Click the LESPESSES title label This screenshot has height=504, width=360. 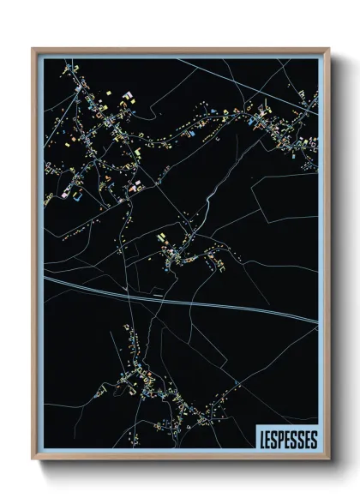coord(287,439)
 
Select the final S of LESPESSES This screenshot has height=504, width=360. coord(314,440)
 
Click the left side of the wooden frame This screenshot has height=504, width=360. coord(34,257)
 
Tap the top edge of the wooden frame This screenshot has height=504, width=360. coord(180,50)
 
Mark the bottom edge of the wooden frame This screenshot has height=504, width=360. coord(180,460)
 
